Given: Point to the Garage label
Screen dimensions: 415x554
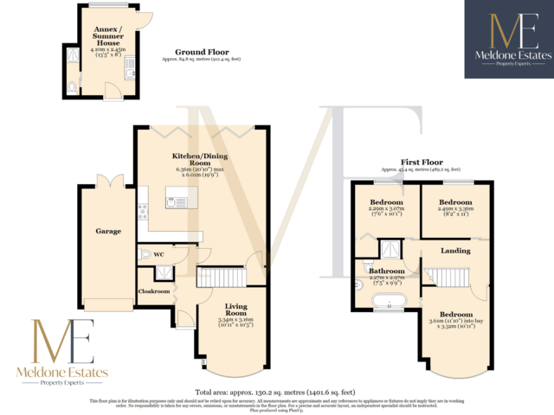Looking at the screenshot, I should [x=108, y=231].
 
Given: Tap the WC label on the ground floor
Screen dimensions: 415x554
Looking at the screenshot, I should [x=158, y=255].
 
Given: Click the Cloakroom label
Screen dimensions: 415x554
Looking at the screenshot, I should [x=153, y=291].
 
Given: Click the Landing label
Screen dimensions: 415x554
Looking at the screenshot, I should [x=455, y=251].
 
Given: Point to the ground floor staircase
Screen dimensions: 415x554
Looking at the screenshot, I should [x=223, y=278].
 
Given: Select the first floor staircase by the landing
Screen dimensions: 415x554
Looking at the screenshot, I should [x=448, y=278].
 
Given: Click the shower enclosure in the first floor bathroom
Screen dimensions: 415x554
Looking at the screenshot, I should [x=393, y=249].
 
